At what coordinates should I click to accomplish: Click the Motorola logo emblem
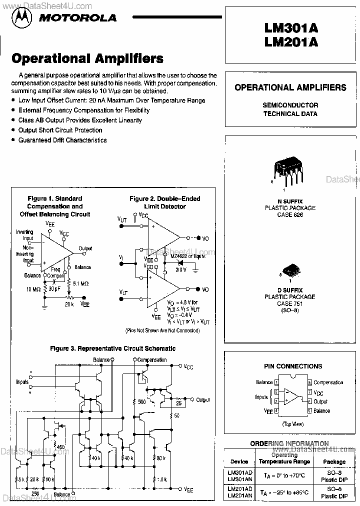[x=22, y=18]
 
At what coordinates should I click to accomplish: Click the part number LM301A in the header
[x=291, y=28]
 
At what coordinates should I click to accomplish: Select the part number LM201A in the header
[x=291, y=42]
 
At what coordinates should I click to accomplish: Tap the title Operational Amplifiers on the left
[x=87, y=58]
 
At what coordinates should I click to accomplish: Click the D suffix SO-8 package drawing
[x=290, y=270]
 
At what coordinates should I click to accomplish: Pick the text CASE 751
[x=292, y=303]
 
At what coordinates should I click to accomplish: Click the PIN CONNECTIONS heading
[x=292, y=366]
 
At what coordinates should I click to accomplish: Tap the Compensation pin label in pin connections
[x=328, y=382]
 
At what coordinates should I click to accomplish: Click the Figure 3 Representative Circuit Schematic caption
[x=112, y=348]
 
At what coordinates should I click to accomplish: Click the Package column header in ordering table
[x=334, y=461]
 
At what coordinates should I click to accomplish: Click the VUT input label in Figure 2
[x=122, y=219]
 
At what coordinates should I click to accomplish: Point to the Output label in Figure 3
[x=202, y=400]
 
